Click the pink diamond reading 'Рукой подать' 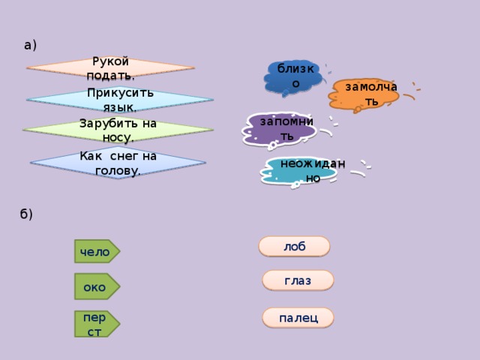click(110, 69)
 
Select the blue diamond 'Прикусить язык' click(120, 100)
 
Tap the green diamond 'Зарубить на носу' click(118, 130)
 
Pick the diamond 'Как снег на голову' click(118, 163)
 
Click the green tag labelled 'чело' click(97, 251)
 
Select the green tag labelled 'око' click(95, 286)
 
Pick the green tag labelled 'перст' click(96, 323)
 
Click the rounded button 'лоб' click(294, 246)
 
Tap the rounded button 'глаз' click(298, 280)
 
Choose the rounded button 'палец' click(298, 318)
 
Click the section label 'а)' click(30, 45)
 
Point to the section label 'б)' click(27, 214)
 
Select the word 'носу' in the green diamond click(118, 137)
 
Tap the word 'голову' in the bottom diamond click(118, 170)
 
